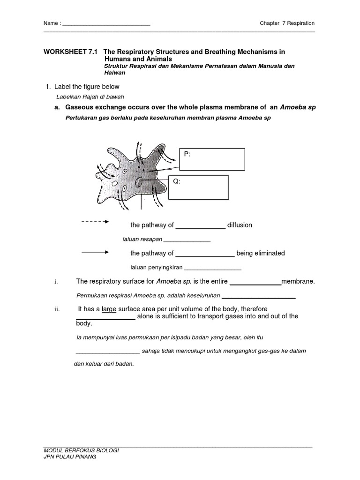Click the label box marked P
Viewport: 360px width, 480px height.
(212, 159)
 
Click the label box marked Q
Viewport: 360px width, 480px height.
(198, 187)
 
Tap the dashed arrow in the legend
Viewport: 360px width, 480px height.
(95, 222)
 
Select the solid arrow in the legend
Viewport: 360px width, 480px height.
(95, 252)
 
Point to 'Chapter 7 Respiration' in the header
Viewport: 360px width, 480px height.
(287, 23)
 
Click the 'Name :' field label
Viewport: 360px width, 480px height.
(52, 23)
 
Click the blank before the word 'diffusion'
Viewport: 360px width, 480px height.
(201, 225)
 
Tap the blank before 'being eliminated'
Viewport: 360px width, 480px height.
(205, 254)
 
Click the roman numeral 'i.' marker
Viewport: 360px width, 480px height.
(56, 281)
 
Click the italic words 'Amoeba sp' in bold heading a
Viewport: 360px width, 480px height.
(298, 107)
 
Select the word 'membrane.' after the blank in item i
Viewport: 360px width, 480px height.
(298, 281)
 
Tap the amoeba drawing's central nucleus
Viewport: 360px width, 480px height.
(140, 181)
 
